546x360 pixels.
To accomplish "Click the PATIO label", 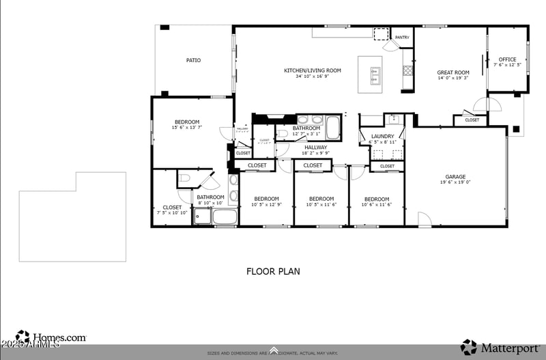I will click(x=193, y=60).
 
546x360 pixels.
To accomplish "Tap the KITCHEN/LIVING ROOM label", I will click(x=313, y=70).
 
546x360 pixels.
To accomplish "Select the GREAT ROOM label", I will click(x=453, y=72).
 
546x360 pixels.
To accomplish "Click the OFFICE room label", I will click(x=507, y=59).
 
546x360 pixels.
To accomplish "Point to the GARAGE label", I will click(x=455, y=177).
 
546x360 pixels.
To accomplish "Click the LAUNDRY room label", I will click(x=382, y=137).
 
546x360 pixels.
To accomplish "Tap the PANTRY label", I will click(x=402, y=38).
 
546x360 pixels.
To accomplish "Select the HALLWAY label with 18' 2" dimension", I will click(x=316, y=147).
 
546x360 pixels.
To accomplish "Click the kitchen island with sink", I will click(x=375, y=74).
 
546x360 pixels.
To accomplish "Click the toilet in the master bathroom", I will click(x=184, y=179).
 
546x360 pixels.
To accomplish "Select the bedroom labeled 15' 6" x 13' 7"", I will click(x=186, y=122).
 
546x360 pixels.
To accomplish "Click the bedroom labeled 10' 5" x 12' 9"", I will click(x=266, y=199).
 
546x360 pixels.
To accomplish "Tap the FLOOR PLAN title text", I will click(x=273, y=271).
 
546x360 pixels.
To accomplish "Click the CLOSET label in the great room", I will click(x=472, y=120).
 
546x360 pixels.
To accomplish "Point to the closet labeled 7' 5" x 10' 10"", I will click(x=172, y=208).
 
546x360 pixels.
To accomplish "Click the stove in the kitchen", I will click(x=407, y=70).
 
